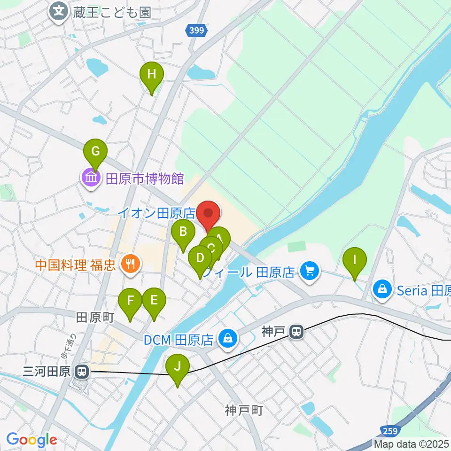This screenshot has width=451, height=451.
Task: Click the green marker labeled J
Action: tap(177, 366)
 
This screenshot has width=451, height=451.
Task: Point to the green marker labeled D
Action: tap(200, 258)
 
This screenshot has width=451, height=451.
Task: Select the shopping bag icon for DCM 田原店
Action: tap(228, 338)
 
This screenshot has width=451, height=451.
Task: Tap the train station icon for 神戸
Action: tap(296, 332)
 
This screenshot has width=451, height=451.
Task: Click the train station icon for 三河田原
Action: tap(82, 372)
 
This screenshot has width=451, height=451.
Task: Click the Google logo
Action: tap(31, 440)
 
